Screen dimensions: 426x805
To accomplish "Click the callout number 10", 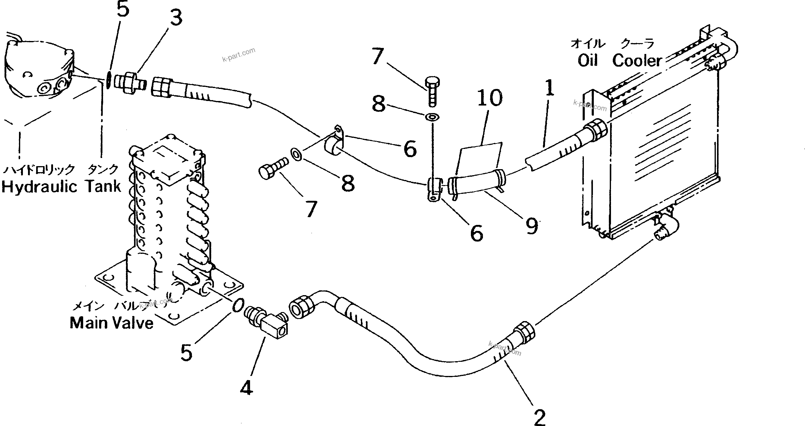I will (490, 98).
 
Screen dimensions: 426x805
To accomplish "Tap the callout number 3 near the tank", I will (176, 17).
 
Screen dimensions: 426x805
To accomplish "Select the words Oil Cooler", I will (619, 60).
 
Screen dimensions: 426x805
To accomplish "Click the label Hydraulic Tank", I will (61, 187).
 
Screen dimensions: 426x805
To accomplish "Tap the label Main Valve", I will (111, 323).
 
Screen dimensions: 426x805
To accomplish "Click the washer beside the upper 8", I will (432, 117).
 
